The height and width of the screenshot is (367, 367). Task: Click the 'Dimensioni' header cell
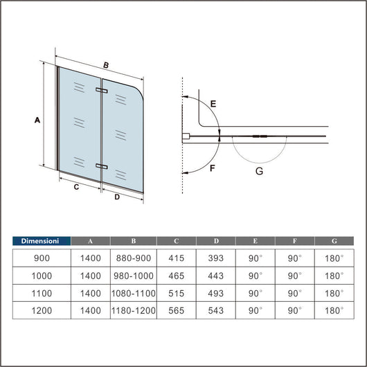coord(42,241)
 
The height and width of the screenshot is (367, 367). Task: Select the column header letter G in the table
coord(334,241)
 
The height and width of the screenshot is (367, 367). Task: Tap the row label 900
coord(42,258)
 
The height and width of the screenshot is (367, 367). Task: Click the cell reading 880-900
coord(134,258)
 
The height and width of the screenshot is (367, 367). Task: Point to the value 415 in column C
coord(177,258)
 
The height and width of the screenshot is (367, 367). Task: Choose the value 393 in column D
coord(216,258)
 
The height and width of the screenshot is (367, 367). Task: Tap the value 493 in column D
coord(216,292)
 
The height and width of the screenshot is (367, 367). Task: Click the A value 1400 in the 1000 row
coord(90,275)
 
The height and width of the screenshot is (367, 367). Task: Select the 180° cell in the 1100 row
coord(334,292)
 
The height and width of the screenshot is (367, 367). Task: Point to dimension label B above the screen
coord(106,65)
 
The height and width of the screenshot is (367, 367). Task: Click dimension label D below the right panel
coord(117,197)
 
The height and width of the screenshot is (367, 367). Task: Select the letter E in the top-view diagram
coord(213,104)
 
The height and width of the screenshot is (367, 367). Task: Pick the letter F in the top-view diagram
coord(213,168)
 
